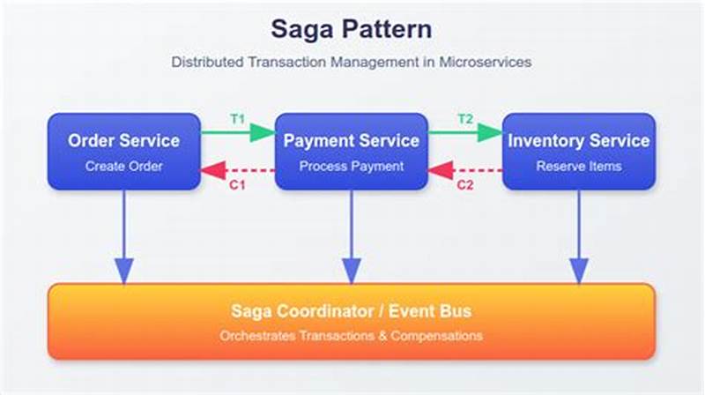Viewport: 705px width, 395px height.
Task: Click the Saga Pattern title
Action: (x=352, y=29)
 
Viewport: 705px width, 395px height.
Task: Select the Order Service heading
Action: (x=123, y=140)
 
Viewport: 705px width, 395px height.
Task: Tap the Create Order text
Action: (x=123, y=166)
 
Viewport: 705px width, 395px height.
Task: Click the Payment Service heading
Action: (x=352, y=140)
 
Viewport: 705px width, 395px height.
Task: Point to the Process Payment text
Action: (x=352, y=166)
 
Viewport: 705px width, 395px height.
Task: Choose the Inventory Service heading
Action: (x=579, y=140)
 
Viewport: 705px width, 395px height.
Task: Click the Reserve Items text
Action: (x=579, y=166)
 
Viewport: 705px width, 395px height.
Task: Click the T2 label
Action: (x=466, y=118)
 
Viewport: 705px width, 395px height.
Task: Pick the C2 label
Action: (x=466, y=186)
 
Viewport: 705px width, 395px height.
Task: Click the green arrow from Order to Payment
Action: (x=238, y=133)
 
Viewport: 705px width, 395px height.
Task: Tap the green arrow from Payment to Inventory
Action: (x=466, y=133)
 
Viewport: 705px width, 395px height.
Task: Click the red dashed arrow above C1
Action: (x=238, y=169)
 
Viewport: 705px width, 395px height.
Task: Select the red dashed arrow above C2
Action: (x=466, y=169)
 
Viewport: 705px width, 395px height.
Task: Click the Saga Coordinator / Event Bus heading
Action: (x=352, y=310)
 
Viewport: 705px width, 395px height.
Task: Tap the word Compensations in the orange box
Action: (x=432, y=336)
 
